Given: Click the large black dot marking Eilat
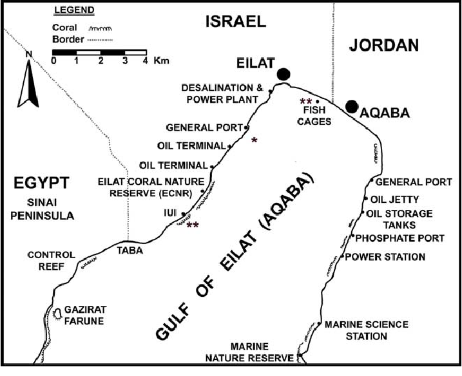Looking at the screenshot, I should point(282,74).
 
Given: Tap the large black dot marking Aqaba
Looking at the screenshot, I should point(351,106).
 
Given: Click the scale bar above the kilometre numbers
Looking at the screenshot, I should point(99,51).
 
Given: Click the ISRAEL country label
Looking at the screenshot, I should point(235,22).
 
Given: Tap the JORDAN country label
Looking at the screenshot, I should point(383,45).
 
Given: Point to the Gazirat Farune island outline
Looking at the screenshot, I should point(57,312).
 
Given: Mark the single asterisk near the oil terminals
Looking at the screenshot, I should point(255,140).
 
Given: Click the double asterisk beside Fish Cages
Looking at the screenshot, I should point(305,102).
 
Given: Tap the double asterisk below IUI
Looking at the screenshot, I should point(192,225).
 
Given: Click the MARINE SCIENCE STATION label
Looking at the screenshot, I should point(366,330).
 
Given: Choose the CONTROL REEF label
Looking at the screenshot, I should point(51,261).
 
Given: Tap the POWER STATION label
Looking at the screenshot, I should point(385,257).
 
